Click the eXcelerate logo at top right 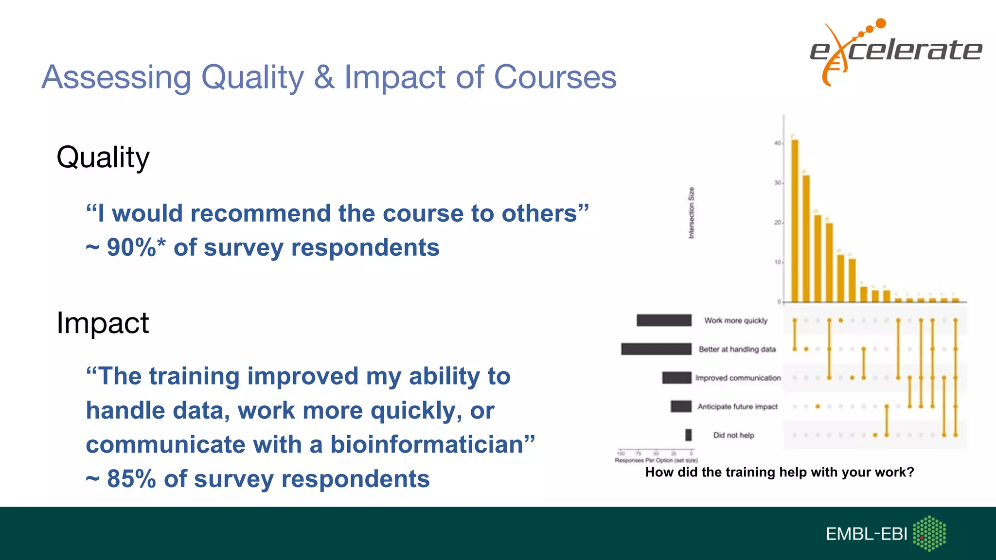point(895,51)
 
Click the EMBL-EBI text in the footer point(866,534)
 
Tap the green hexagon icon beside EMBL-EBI point(929,533)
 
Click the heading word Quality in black point(103,157)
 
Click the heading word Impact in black point(103,323)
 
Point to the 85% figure point(131,479)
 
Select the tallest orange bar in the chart point(795,221)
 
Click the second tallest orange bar point(806,238)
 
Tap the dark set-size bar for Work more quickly point(664,320)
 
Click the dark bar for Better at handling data point(656,349)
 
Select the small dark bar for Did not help point(688,435)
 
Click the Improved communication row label point(738,378)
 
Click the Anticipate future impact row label point(737,406)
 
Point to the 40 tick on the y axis point(777,143)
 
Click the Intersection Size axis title point(691,213)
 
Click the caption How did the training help point(780,472)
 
